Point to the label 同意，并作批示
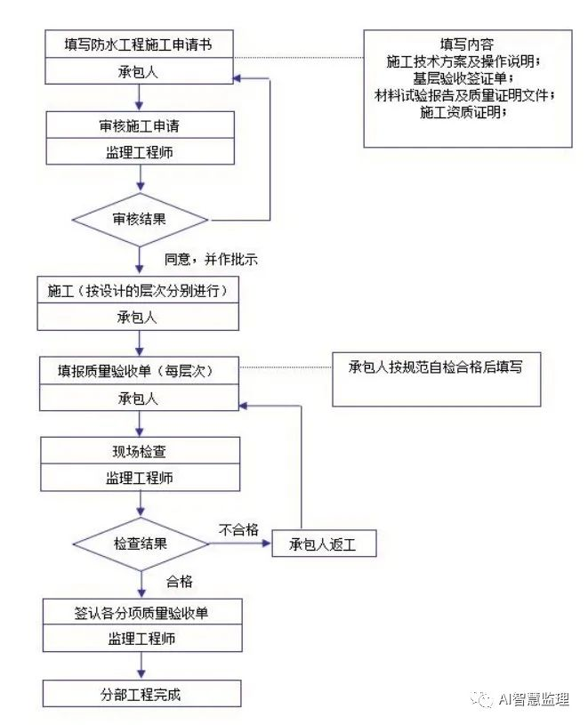click(x=210, y=260)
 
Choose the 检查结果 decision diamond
click(x=140, y=543)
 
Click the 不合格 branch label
click(x=238, y=529)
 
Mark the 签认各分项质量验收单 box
click(x=141, y=612)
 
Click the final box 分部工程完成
click(x=141, y=694)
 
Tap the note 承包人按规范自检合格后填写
click(x=435, y=367)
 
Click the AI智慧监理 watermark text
click(x=534, y=699)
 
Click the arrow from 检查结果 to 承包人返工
click(x=240, y=543)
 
